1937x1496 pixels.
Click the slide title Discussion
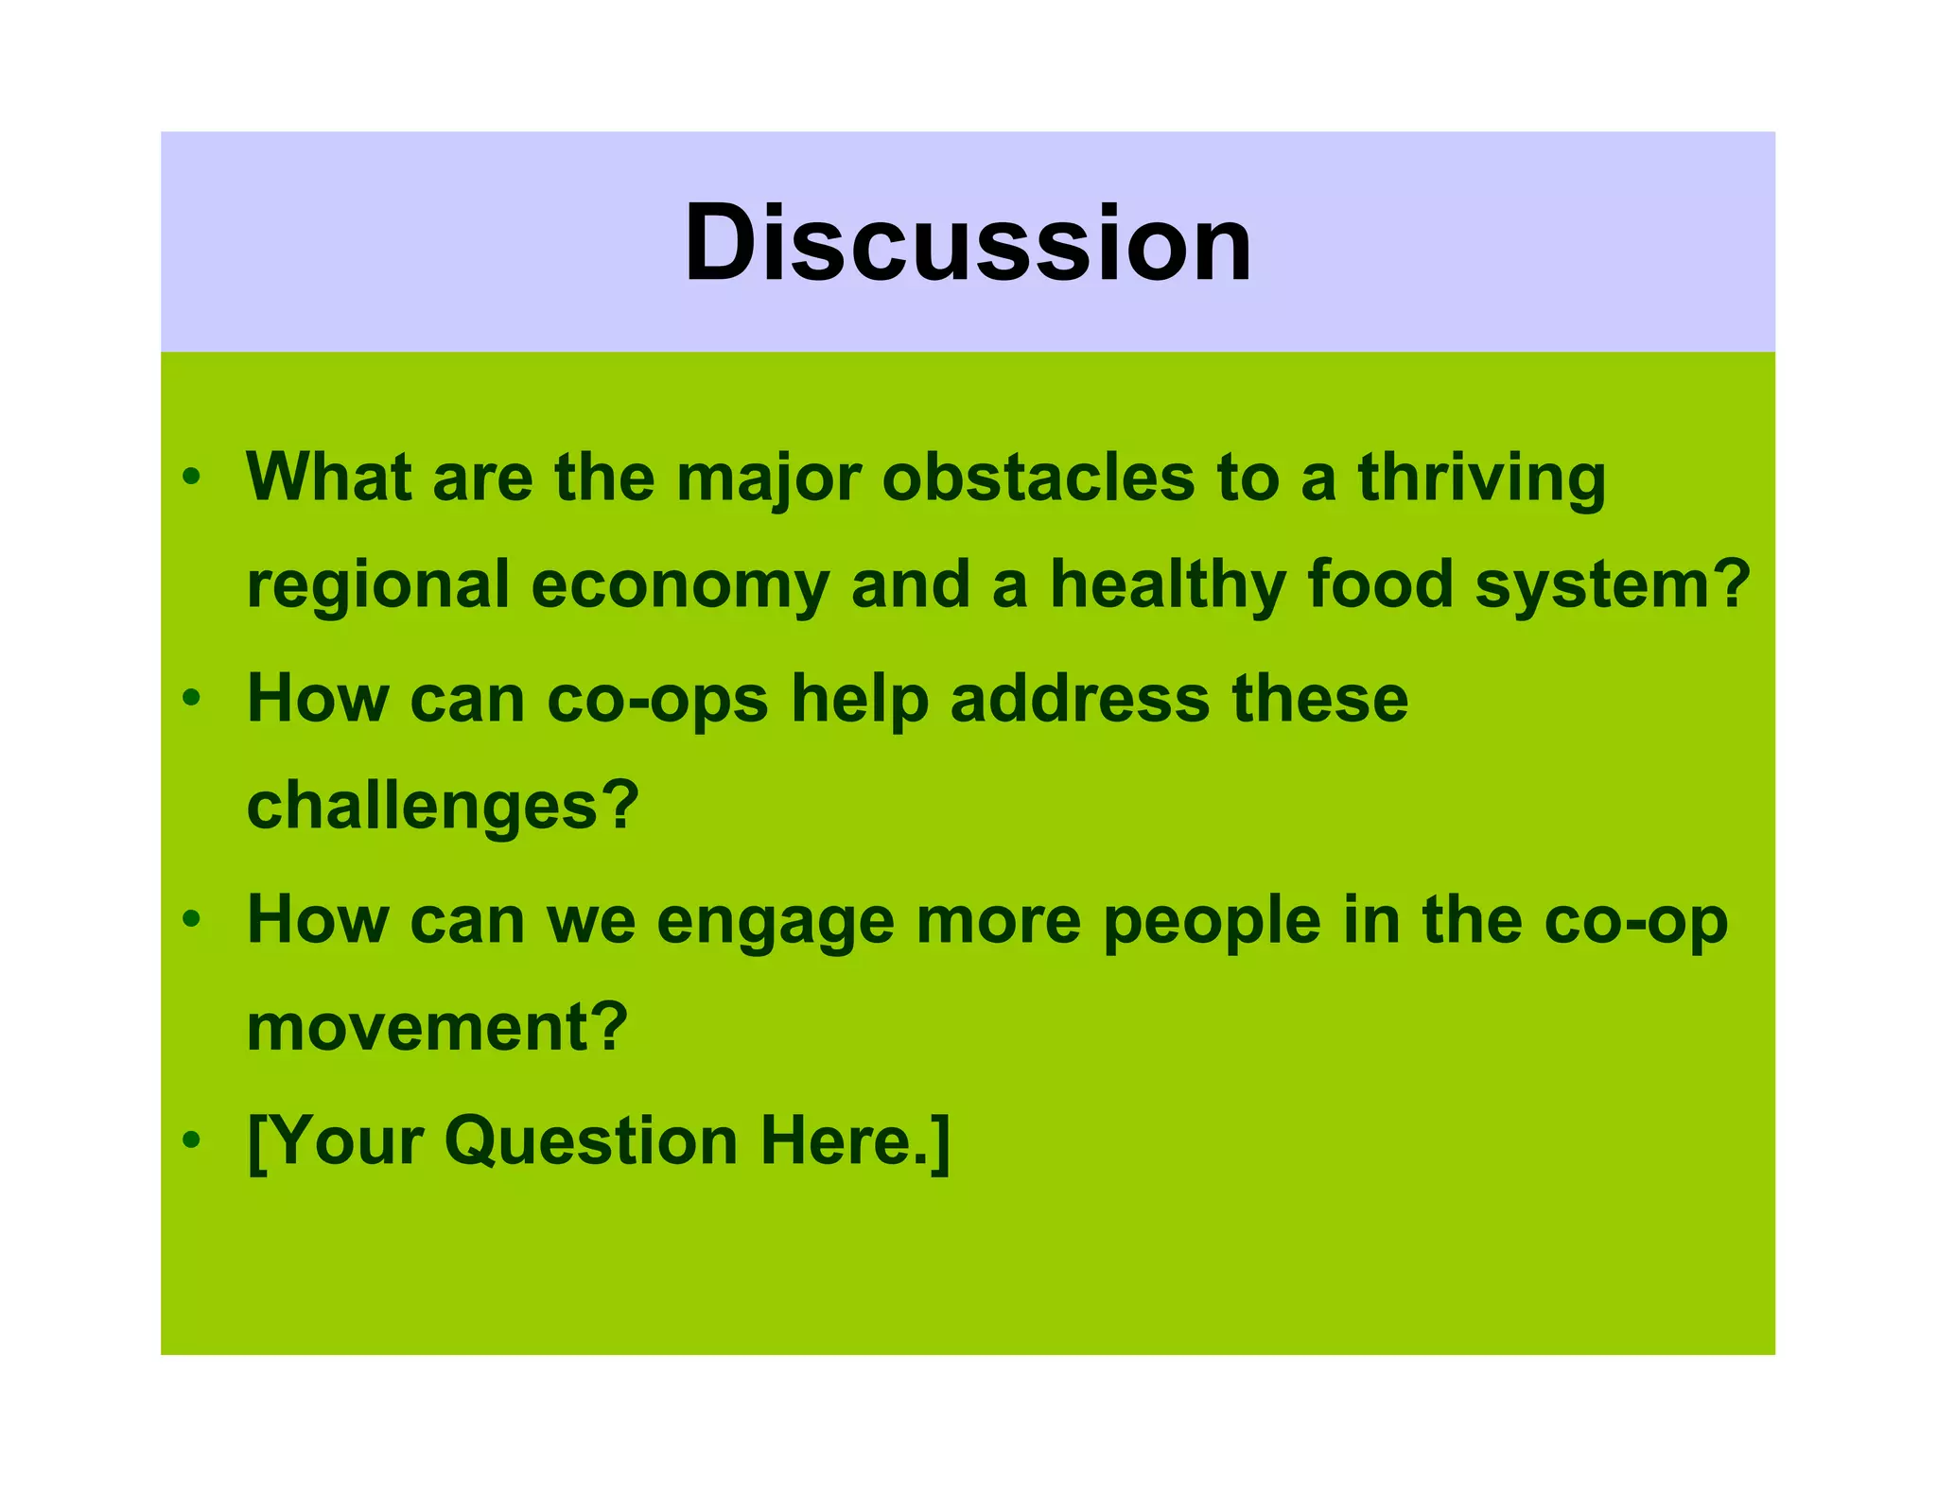click(968, 243)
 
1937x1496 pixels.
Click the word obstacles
click(1038, 478)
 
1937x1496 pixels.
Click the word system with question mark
click(1612, 586)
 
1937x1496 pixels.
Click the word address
click(1079, 699)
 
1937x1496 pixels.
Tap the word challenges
click(443, 807)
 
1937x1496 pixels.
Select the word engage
click(775, 922)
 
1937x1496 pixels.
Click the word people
click(1212, 922)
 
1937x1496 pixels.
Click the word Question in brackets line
click(590, 1141)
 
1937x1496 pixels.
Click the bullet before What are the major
click(192, 478)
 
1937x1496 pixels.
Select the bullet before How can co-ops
click(192, 699)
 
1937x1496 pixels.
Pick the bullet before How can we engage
click(192, 918)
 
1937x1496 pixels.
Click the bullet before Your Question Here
click(192, 1139)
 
